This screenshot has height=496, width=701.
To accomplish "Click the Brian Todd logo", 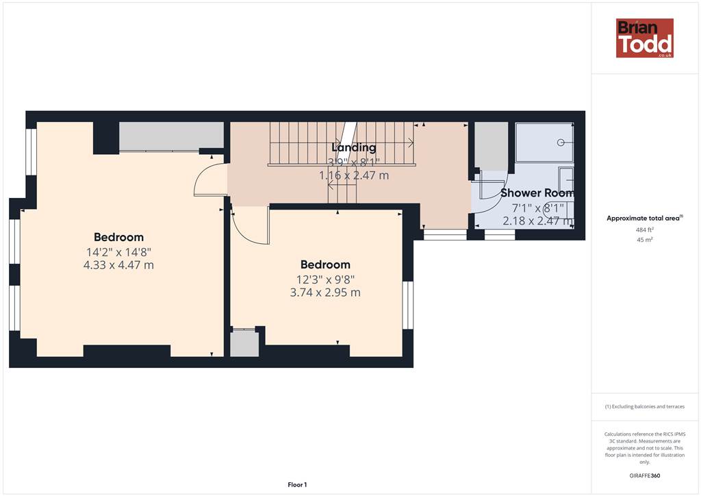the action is [x=645, y=38].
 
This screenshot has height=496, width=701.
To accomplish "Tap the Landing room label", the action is [x=354, y=147].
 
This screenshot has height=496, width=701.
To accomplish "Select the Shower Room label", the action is [x=537, y=193].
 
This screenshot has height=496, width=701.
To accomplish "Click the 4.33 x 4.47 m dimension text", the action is [x=118, y=264].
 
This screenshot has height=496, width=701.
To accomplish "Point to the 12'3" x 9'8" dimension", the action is [x=325, y=280].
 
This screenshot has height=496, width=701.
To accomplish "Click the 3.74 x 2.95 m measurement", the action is [x=325, y=293].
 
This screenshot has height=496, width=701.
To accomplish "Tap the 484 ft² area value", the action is [x=644, y=230].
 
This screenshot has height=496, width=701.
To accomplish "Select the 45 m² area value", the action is [x=644, y=240].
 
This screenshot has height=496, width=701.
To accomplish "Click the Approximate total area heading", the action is [x=644, y=219].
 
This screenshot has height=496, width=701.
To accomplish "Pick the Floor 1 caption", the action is [x=297, y=484].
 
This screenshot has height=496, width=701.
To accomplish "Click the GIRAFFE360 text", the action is [x=644, y=475].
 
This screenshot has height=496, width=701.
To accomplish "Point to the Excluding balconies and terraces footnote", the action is [x=644, y=406].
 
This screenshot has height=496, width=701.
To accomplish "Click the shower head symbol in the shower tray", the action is [x=561, y=142].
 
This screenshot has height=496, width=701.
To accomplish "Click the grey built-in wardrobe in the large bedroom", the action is [x=171, y=136].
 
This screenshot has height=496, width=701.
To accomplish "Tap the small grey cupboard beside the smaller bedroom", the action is [x=244, y=343].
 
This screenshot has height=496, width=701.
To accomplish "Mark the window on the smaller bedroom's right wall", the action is [x=408, y=305].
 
